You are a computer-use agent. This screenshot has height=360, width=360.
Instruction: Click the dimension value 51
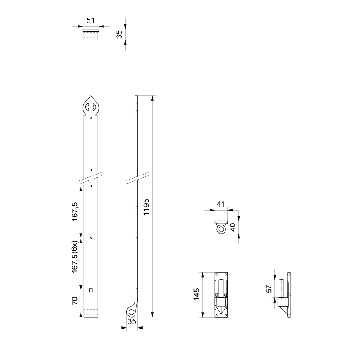90,20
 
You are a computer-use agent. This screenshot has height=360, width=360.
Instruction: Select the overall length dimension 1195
146,207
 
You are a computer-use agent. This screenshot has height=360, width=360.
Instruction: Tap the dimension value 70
75,301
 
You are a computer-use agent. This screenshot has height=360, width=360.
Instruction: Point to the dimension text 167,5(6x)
75,256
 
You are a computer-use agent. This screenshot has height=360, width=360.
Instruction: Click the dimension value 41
220,204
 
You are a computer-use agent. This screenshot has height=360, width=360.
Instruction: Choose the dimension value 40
233,227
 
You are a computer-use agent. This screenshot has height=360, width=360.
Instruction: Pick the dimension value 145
197,294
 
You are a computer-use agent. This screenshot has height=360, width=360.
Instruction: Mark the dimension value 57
269,288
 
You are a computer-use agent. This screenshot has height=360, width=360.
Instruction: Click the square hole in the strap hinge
91,290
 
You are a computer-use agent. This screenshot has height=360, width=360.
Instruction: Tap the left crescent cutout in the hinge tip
87,107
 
